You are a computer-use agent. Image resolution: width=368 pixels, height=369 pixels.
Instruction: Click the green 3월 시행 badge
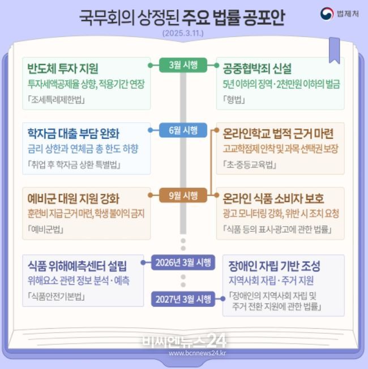click(183, 65)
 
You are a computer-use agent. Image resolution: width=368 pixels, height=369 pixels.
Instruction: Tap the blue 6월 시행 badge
click(183, 130)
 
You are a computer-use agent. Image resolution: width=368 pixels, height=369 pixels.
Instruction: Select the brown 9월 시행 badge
click(183, 195)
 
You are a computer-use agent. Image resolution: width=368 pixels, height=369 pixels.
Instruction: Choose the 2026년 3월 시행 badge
click(183, 262)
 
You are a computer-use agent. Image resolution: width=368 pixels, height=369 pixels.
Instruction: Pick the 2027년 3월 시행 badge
click(183, 299)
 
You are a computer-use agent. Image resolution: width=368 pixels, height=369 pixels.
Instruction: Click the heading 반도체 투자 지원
click(63, 69)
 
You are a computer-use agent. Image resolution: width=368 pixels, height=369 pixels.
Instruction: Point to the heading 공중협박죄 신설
click(257, 69)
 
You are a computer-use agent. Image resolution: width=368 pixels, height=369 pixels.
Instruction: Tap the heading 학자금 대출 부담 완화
click(74, 133)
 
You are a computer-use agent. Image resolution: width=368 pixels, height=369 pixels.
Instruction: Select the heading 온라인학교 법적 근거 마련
click(278, 133)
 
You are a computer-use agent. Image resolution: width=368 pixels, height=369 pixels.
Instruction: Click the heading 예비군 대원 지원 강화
click(74, 198)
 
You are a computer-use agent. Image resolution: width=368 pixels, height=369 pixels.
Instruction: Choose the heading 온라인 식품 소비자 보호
click(273, 198)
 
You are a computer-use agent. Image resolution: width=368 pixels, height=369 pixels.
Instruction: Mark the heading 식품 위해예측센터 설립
click(78, 266)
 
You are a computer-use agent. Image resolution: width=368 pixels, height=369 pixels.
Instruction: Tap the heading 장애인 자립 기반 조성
click(274, 266)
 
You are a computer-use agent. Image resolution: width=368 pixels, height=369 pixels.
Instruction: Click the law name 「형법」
click(234, 100)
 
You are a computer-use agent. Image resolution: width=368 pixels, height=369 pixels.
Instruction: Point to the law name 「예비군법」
click(46, 229)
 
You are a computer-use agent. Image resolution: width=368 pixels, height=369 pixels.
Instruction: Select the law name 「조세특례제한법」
click(56, 100)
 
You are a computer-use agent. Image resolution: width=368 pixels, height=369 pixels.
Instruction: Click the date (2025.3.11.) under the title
click(183, 33)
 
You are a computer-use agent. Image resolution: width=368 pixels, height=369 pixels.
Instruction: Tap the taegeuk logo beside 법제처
click(327, 14)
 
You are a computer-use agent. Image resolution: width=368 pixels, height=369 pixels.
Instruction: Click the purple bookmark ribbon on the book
click(334, 50)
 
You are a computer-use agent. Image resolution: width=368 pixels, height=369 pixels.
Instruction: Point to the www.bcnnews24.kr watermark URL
click(198, 353)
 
